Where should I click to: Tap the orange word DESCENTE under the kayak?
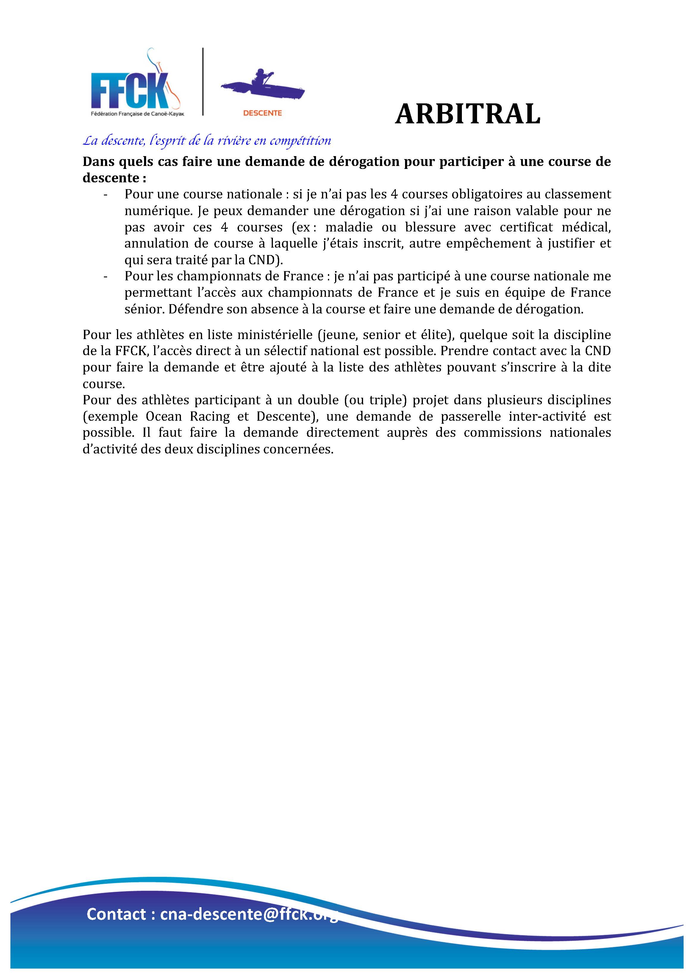pos(262,113)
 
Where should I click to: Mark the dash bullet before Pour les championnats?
pos(105,276)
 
